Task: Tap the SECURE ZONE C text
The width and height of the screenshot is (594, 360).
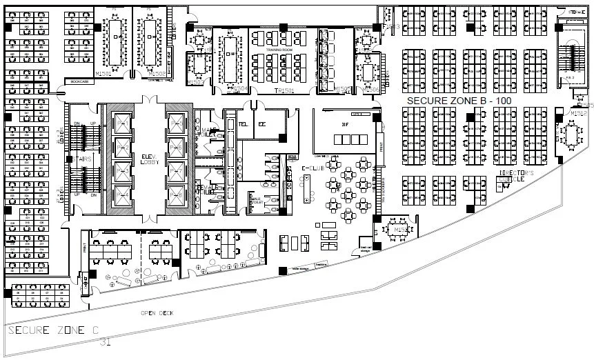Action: [x=52, y=330]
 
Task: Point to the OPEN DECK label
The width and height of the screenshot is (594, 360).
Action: [x=157, y=312]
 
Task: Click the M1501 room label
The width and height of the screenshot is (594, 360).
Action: [x=103, y=73]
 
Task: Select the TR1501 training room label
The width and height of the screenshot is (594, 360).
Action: [x=284, y=90]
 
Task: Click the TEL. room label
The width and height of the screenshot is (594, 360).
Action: [x=243, y=124]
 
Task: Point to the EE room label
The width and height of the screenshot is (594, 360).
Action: [x=262, y=124]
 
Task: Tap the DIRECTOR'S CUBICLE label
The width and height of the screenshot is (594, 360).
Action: [x=513, y=175]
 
